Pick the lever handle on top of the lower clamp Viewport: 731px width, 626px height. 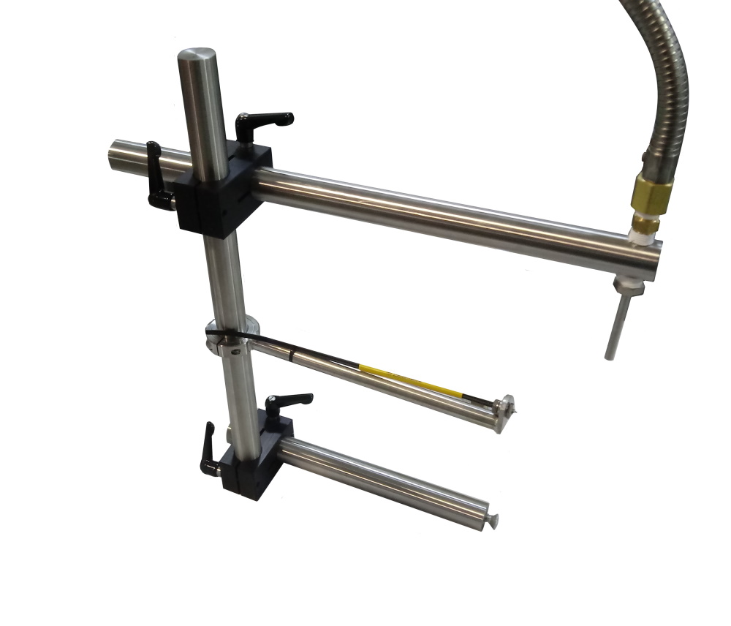tap(288, 402)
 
